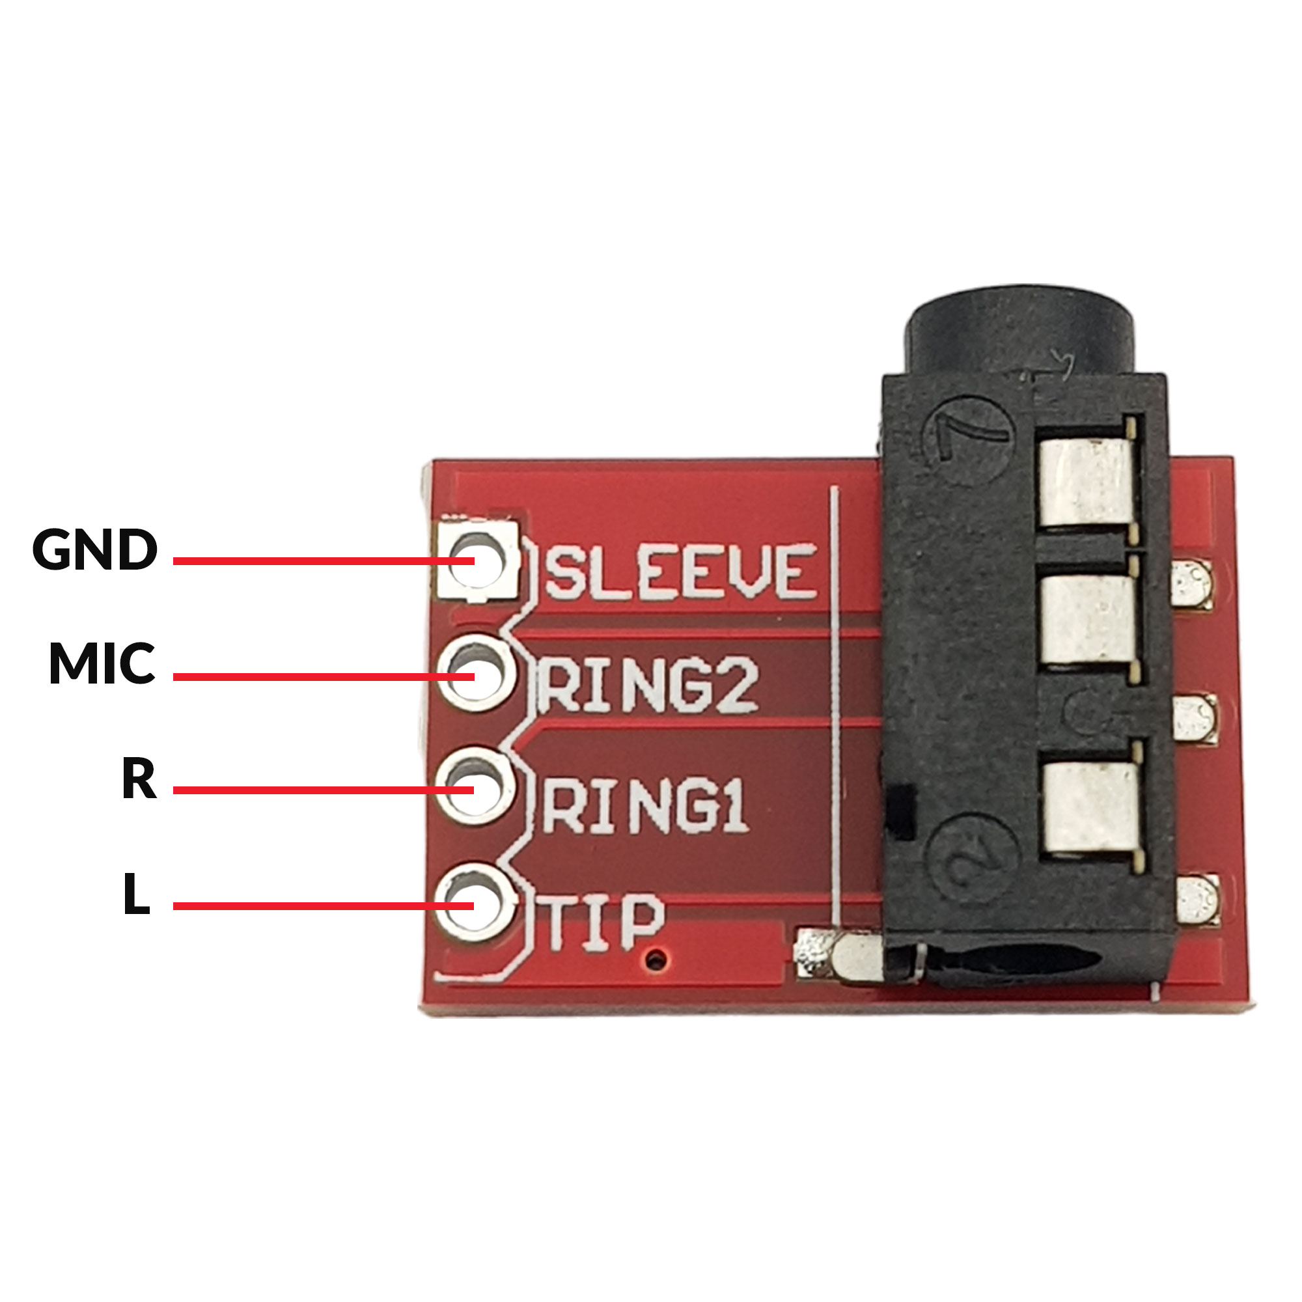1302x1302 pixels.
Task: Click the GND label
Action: click(x=95, y=549)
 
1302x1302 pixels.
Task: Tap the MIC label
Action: click(x=102, y=664)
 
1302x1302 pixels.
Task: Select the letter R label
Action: click(x=139, y=779)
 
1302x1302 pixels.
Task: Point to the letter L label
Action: click(x=137, y=894)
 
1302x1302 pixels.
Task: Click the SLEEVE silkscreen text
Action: click(x=682, y=572)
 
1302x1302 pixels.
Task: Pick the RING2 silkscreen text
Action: click(x=649, y=686)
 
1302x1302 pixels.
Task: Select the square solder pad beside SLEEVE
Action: click(x=477, y=561)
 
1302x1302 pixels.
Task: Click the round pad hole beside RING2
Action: click(x=476, y=674)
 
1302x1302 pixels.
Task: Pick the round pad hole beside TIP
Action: click(x=475, y=902)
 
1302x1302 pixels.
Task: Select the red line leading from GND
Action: click(x=324, y=561)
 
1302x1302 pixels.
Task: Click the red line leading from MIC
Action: click(x=324, y=676)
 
